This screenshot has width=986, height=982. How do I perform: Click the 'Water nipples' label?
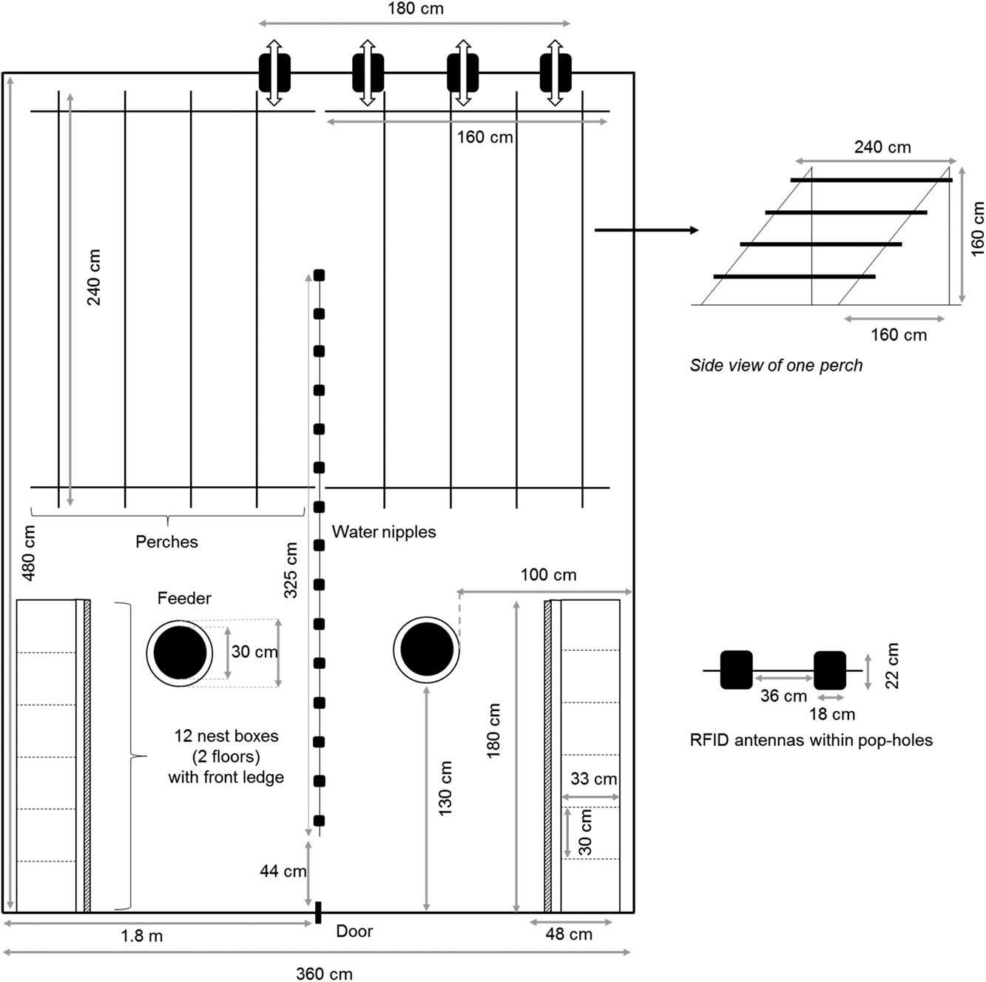click(384, 532)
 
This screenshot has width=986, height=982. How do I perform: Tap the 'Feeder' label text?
click(184, 598)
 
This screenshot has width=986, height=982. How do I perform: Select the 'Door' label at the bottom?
click(354, 931)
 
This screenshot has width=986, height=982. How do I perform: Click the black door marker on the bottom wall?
click(318, 912)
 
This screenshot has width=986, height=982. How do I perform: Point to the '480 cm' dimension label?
click(29, 553)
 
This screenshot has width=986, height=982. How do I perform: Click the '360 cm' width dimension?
click(325, 973)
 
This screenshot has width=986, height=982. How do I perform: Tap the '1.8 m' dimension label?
click(142, 936)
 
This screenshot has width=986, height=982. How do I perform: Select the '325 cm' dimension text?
click(291, 570)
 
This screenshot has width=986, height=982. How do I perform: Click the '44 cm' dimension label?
click(283, 870)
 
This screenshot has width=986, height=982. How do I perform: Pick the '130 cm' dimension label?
click(445, 788)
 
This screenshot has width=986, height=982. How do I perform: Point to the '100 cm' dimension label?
click(549, 574)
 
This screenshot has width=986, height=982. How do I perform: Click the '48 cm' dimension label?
click(569, 934)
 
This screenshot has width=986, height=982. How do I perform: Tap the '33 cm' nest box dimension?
click(593, 778)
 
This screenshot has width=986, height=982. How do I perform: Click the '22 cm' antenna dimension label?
click(891, 665)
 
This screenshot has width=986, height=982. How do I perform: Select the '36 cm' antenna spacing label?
click(783, 696)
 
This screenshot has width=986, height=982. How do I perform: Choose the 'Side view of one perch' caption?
click(776, 365)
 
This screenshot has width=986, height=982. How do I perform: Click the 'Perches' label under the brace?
click(166, 541)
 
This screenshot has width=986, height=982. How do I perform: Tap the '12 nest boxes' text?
click(226, 736)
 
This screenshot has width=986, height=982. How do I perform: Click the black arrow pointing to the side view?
click(646, 230)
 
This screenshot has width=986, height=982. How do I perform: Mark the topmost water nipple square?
click(320, 275)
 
